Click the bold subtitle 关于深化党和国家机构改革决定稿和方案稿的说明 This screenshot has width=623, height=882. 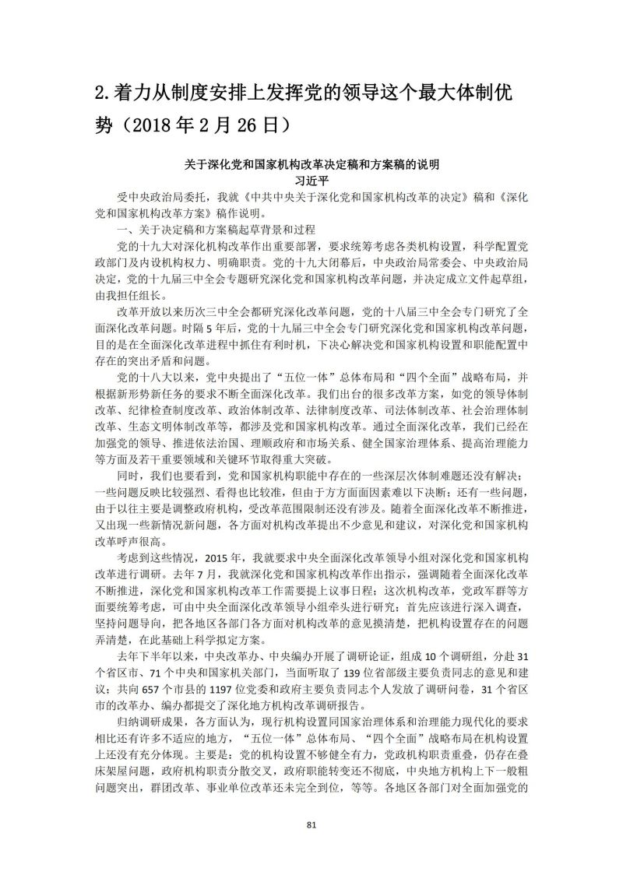(311, 164)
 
